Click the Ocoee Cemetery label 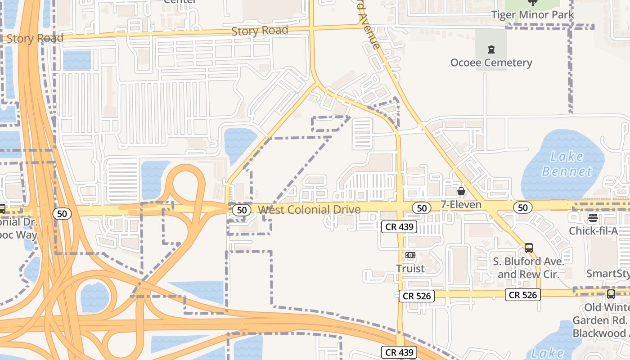point(491,63)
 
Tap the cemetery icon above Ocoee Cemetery point(491,49)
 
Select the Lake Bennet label point(567,164)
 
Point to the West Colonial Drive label point(309,210)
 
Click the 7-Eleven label point(461,205)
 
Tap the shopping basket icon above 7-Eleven point(461,191)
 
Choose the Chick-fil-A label point(593,231)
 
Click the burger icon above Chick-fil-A point(593,218)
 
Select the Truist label point(410,269)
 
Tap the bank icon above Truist point(410,255)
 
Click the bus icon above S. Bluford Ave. point(529,247)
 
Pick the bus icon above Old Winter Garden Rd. point(611,294)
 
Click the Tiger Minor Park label point(532,15)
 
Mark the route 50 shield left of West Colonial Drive point(242,210)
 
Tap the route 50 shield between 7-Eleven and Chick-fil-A point(522,207)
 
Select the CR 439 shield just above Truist point(399,227)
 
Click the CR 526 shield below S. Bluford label point(522,295)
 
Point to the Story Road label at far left point(35,39)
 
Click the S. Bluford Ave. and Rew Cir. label point(528,268)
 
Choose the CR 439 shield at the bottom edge point(399,352)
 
